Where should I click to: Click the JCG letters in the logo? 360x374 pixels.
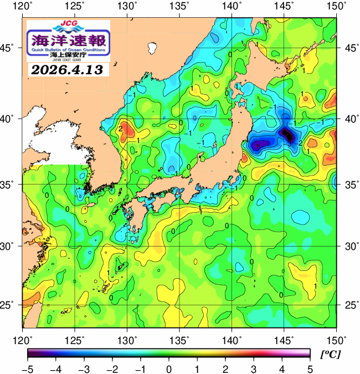[x=69, y=24]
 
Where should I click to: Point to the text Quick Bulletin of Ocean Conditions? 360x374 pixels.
[x=69, y=50]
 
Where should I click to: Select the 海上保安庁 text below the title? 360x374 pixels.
[x=69, y=55]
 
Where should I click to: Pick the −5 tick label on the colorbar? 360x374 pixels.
[x=27, y=368]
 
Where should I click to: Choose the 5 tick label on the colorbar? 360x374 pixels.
[x=310, y=368]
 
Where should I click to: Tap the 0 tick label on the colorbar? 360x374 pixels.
[x=168, y=368]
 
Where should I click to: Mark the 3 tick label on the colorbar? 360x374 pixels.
[x=253, y=368]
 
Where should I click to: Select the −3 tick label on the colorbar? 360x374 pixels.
[x=84, y=368]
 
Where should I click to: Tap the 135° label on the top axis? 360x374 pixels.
[x=180, y=7]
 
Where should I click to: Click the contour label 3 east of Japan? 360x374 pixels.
[x=289, y=143]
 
